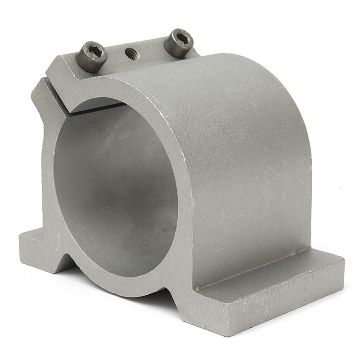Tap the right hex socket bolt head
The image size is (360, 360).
(x=178, y=43)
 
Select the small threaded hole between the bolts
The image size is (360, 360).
(x=132, y=54)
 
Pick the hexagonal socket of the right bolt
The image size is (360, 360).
(x=179, y=37)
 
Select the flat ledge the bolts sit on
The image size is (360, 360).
(x=135, y=63)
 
